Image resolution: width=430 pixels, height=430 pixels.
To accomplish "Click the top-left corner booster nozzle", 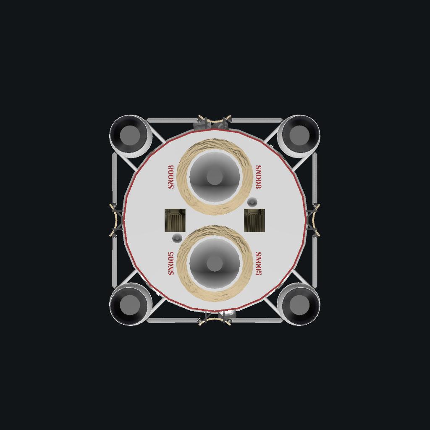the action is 131,136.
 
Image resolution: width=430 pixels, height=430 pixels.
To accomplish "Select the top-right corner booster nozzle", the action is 299,136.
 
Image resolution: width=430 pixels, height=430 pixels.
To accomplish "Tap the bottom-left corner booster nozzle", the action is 131,304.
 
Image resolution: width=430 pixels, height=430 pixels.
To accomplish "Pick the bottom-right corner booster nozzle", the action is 299,304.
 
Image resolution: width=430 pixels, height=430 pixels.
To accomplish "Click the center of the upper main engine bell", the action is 215,177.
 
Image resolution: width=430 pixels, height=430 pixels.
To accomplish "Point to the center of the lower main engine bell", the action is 215,264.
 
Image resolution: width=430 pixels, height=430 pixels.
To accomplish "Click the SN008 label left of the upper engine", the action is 171,177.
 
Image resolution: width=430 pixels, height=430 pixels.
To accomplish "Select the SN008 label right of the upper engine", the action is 258,177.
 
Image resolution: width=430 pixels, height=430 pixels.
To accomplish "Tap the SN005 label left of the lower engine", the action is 171,264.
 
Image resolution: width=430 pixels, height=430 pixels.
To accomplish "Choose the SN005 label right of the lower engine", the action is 258,264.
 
